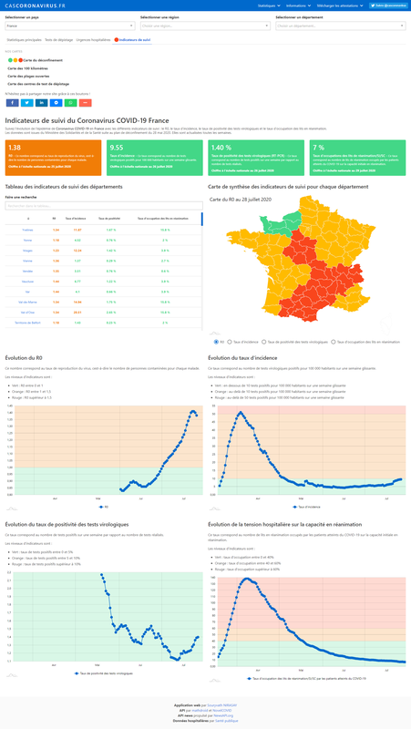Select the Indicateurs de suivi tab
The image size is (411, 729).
133,41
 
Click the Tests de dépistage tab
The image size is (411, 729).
58,41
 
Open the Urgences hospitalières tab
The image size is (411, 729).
94,41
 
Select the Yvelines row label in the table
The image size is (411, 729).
27,230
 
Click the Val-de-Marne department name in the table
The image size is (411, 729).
27,300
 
